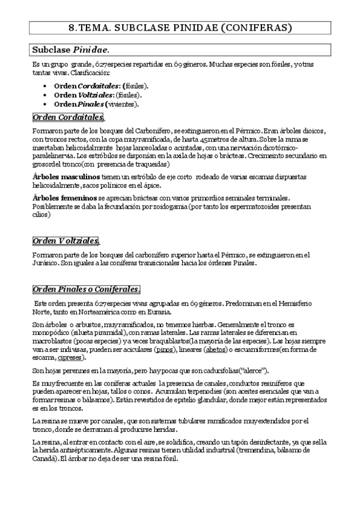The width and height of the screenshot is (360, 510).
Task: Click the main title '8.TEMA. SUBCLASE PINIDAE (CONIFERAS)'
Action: pyautogui.click(x=180, y=28)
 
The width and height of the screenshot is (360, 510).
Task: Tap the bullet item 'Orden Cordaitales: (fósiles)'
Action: pyautogui.click(x=102, y=85)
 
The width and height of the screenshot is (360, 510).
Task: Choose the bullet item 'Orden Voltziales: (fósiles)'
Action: pyautogui.click(x=98, y=94)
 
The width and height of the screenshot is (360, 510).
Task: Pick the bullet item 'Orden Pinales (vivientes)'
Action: pyautogui.click(x=96, y=103)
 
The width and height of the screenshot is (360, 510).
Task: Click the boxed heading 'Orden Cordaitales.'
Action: pyautogui.click(x=68, y=117)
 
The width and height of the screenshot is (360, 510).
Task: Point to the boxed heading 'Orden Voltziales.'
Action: pyautogui.click(x=66, y=241)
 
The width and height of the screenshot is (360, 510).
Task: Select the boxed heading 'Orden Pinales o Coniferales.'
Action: pyautogui.click(x=87, y=289)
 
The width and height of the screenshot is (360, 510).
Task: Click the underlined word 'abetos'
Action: pyautogui.click(x=216, y=349)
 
